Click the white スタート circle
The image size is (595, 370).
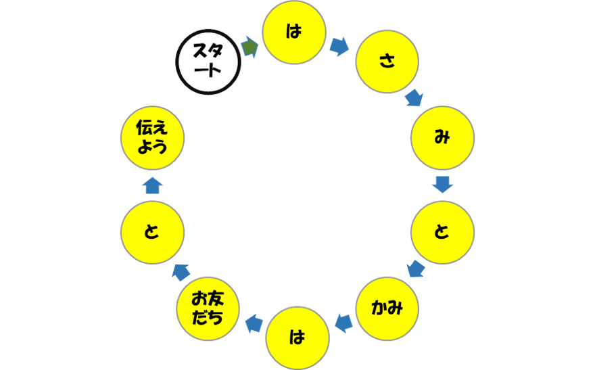pos(208,63)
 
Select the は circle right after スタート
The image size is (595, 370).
pos(294,32)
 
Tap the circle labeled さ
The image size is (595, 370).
pos(387,61)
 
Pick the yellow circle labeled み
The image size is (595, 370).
pos(442,138)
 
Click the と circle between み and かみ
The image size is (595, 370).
pos(442,232)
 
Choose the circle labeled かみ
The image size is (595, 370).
pos(387,308)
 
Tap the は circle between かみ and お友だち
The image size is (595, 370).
pos(297,337)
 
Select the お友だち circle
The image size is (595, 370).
pos(208,308)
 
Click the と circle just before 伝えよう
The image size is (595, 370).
pos(152,232)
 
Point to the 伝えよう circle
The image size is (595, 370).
pos(152,138)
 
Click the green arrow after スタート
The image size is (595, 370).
pos(249,47)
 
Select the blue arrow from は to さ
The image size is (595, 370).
pos(339,46)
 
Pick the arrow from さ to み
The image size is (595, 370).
pos(414,98)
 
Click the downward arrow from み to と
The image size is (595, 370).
pos(442,184)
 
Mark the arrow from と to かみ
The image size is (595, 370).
pos(416,269)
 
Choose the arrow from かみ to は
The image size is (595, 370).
pos(343,324)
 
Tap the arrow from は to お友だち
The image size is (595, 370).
pos(254,324)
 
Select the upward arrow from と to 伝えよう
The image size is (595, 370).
pos(153,185)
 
